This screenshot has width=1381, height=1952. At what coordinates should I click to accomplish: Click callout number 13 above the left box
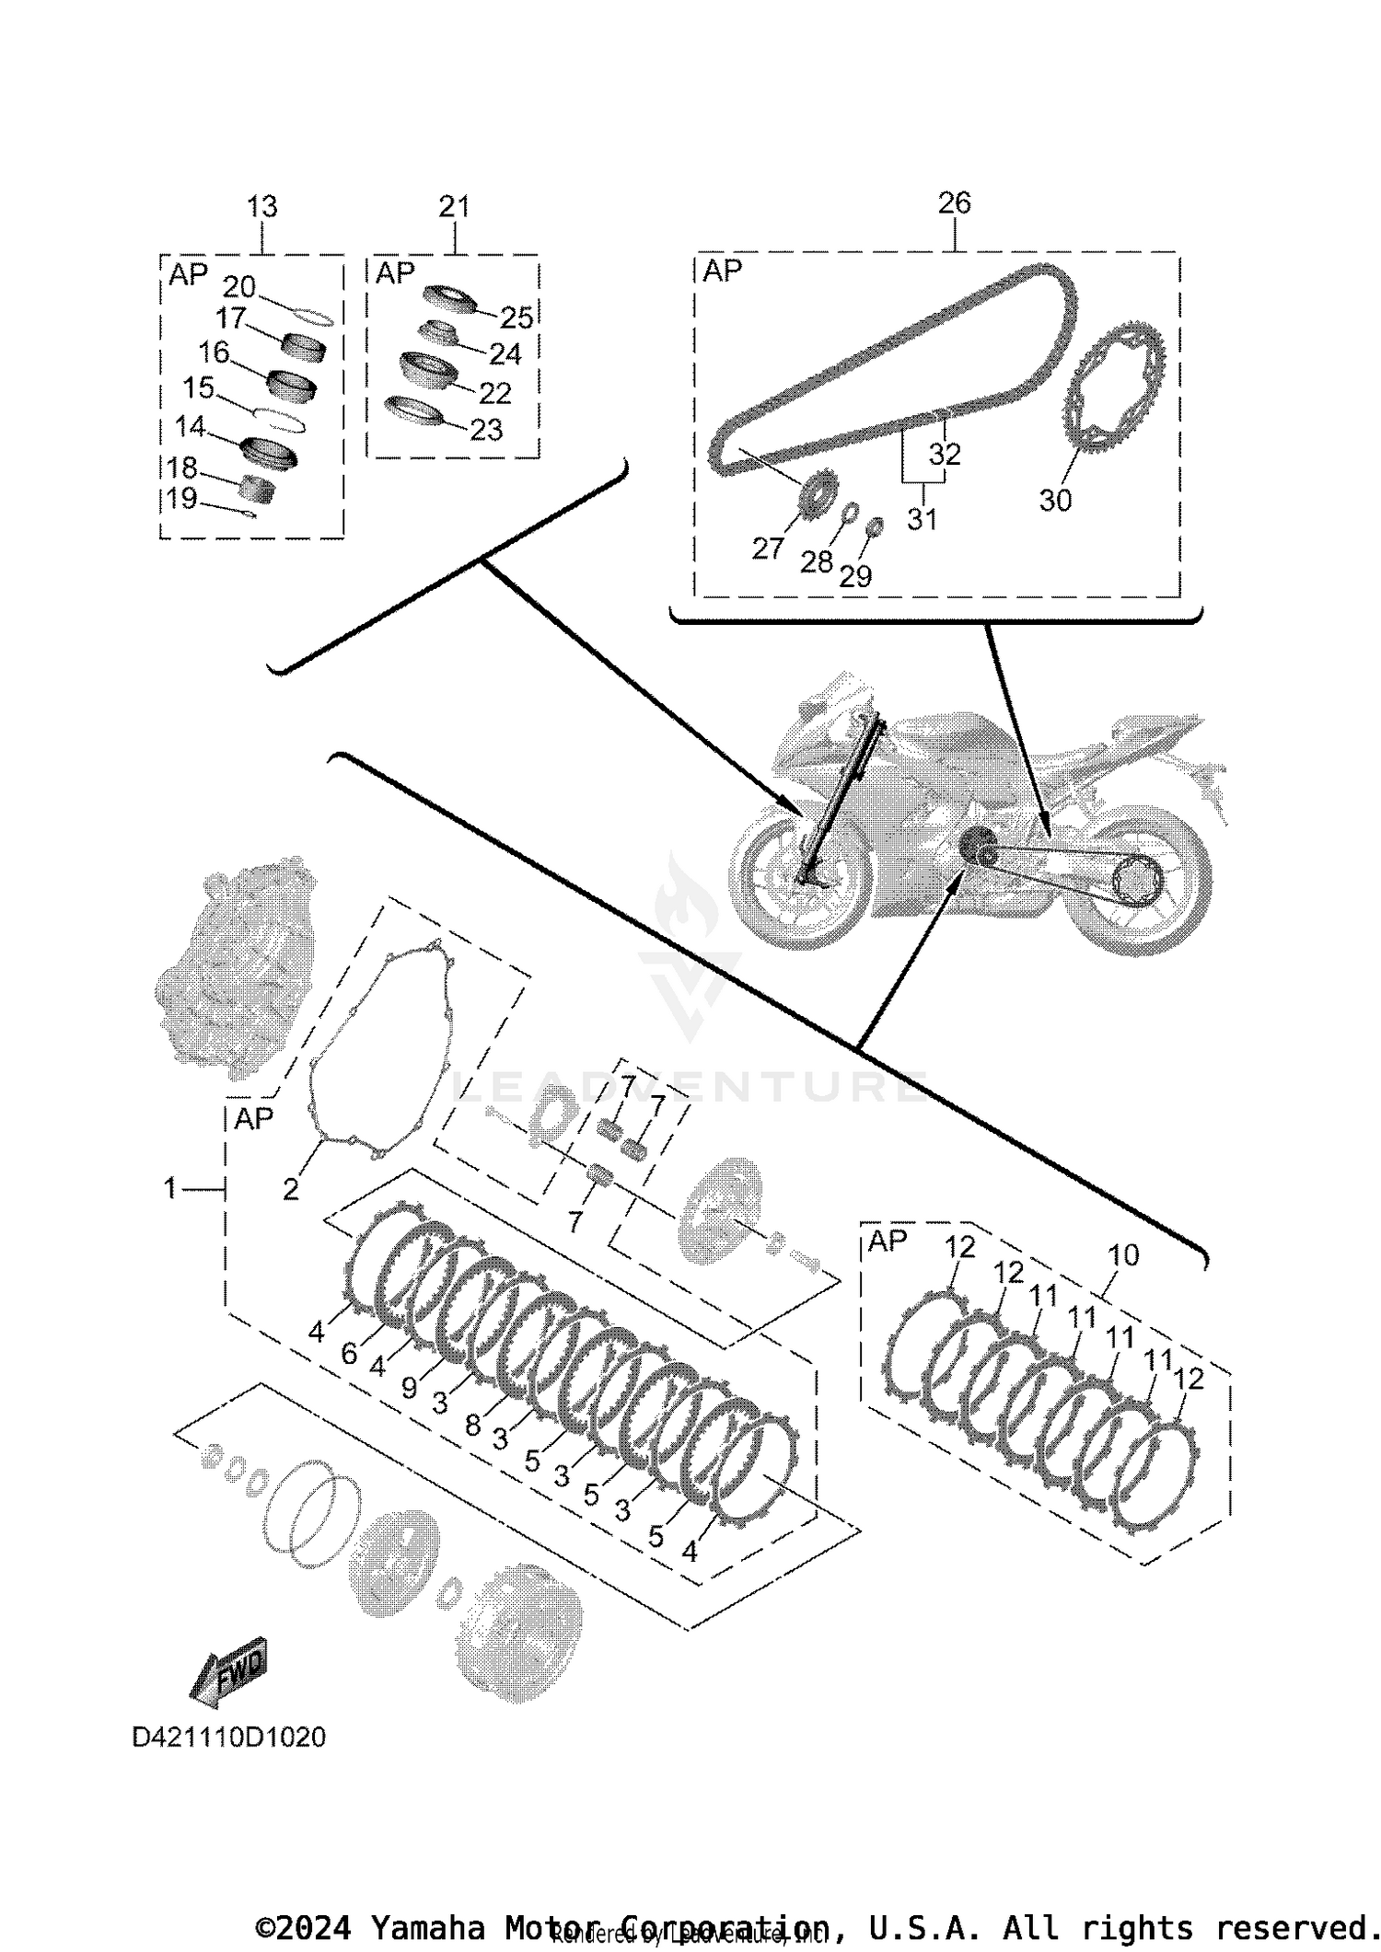coord(262,206)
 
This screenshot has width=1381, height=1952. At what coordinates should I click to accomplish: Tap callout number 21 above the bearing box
coord(454,206)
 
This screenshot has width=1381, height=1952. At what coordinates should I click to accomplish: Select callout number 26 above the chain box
coord(954,202)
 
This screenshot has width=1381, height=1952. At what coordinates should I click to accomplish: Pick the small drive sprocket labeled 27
coord(817,496)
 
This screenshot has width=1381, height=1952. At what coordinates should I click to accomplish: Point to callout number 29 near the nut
coord(855,576)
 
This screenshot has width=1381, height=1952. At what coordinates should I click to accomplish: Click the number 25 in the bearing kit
coord(516,318)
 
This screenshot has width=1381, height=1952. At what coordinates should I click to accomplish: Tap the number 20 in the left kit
coord(239,286)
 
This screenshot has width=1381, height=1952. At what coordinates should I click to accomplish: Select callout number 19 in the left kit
coord(182,498)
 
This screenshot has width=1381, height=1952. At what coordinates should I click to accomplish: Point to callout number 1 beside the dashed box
coord(169,1188)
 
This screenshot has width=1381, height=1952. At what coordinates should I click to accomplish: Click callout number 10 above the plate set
coord(1123,1254)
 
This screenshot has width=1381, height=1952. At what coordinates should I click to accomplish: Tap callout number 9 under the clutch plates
coord(410,1388)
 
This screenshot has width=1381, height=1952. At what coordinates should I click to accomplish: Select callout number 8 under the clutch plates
coord(472,1425)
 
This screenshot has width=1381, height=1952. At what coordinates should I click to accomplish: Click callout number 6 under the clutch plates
coord(349,1353)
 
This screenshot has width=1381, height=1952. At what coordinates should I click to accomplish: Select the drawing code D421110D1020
coord(229,1737)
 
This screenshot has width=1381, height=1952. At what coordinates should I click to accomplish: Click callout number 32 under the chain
coord(945,454)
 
